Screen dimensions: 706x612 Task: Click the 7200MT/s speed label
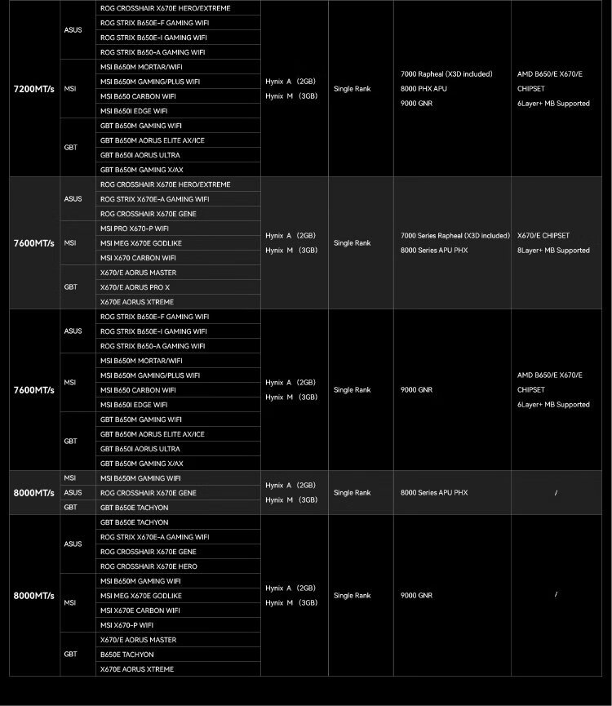tap(34, 89)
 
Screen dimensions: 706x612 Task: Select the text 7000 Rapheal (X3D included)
tap(446, 74)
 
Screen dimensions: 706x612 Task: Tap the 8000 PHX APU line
tap(424, 89)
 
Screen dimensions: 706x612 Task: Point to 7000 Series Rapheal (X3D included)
tap(455, 236)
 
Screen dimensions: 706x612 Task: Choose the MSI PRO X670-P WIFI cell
tap(135, 229)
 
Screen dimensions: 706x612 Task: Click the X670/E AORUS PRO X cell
tap(135, 287)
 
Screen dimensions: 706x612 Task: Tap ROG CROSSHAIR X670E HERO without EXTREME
tap(149, 566)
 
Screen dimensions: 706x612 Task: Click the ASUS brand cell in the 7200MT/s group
tap(73, 30)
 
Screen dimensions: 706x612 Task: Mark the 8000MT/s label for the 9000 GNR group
tap(34, 596)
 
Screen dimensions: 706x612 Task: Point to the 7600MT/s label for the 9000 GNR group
tap(34, 390)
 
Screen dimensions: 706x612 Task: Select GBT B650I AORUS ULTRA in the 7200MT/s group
tap(140, 155)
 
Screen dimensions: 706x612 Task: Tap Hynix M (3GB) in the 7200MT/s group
tap(291, 96)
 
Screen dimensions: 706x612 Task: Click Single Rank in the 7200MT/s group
tap(352, 89)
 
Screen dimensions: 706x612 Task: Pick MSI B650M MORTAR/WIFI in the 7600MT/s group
tap(141, 361)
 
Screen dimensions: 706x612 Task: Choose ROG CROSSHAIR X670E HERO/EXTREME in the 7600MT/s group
tap(165, 184)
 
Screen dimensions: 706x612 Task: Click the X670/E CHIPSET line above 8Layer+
tap(543, 236)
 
